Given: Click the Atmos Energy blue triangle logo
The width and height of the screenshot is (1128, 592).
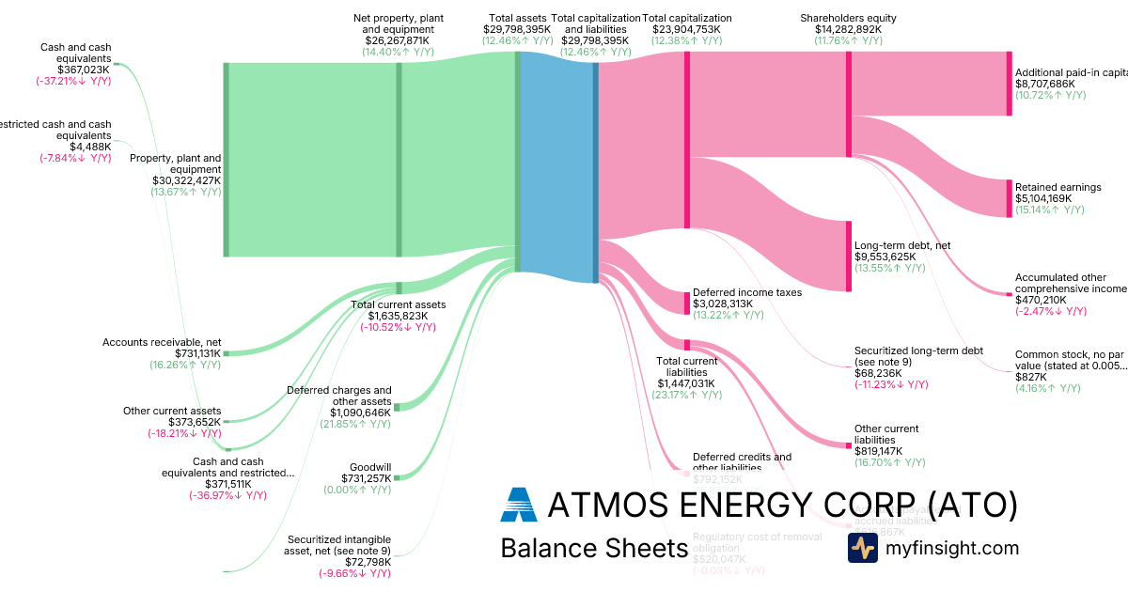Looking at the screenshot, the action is pos(518,505).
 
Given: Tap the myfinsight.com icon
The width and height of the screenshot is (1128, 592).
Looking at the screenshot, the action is pos(862,548).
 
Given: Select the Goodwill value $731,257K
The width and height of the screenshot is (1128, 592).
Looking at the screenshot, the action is pos(366,478).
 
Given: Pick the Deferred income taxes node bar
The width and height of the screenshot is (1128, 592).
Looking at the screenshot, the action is pos(687,304).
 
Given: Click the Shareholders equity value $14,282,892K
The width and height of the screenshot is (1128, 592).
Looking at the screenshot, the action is pos(848,29).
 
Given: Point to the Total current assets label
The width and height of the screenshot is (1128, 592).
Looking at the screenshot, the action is pos(398,304).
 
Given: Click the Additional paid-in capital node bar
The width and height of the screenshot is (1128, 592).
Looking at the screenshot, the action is pos(1010,84).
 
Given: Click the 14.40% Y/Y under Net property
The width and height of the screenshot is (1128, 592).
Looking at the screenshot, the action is pos(398,53).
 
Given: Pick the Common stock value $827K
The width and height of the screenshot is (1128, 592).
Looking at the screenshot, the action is pos(1030,377).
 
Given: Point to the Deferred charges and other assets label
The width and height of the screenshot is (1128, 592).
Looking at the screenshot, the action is pos(338,396).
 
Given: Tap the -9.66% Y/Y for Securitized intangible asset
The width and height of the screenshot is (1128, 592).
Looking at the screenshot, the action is pos(354,573).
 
